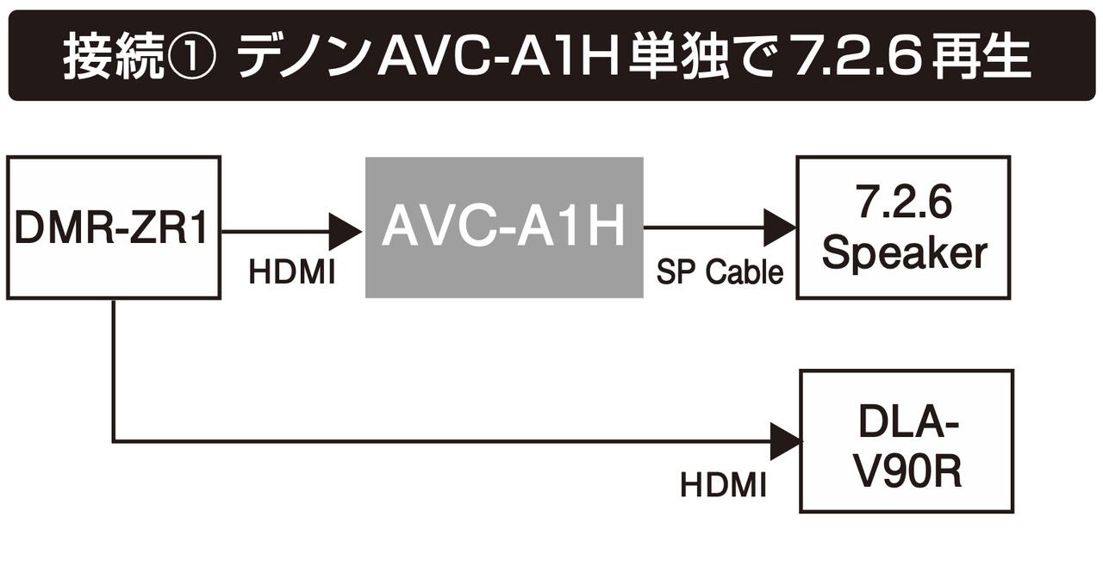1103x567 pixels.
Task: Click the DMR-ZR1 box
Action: pos(113,227)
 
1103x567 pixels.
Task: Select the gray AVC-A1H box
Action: pos(504,227)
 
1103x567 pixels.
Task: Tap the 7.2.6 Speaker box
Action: pos(902,227)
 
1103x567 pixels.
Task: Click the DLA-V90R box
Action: pos(906,441)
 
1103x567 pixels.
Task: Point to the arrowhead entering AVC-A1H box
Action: pos(346,231)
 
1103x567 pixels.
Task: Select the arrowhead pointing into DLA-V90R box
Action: pos(786,442)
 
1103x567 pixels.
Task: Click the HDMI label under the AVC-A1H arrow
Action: pos(291,273)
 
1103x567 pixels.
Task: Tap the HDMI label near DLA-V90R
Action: pos(723,485)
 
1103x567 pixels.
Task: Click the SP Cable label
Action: pos(720,273)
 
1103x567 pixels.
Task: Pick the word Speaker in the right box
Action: pos(904,253)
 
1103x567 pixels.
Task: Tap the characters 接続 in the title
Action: pos(112,58)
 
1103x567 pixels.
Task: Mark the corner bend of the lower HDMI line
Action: pos(113,442)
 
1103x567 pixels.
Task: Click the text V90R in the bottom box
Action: pos(907,471)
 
